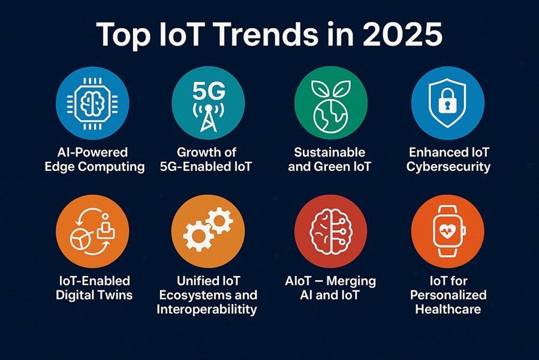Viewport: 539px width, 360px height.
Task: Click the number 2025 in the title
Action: click(x=402, y=34)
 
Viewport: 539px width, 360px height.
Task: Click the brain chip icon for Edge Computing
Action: click(x=92, y=103)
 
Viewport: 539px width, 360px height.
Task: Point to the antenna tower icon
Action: click(x=208, y=117)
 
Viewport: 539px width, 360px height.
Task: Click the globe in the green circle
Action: click(x=330, y=116)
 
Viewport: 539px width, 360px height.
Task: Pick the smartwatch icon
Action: click(x=448, y=231)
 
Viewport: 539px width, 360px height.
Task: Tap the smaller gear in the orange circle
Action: click(x=220, y=221)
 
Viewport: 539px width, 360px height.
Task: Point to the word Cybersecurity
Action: click(x=448, y=167)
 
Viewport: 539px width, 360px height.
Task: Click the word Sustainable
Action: click(x=330, y=152)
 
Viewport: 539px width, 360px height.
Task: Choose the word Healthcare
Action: click(x=448, y=309)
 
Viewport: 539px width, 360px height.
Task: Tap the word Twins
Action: click(x=115, y=295)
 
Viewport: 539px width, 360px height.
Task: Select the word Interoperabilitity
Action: click(x=207, y=310)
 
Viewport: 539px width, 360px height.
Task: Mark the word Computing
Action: click(x=111, y=167)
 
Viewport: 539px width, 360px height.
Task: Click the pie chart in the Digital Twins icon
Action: click(x=81, y=239)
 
